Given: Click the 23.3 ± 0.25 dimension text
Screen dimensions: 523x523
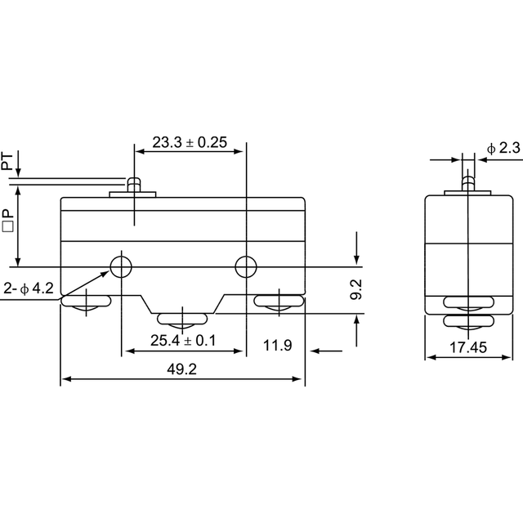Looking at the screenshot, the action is (x=190, y=142).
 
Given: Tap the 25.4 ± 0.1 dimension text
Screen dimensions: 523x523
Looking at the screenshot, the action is (x=183, y=341).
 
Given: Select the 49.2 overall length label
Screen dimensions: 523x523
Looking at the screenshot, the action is (x=181, y=369).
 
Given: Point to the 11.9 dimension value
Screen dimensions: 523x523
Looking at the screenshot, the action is (x=278, y=345).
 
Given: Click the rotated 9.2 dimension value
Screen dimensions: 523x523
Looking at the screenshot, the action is (x=356, y=289).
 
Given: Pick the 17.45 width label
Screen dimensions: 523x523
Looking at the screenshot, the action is (x=468, y=347).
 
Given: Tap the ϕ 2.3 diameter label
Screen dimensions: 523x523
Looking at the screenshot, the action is (x=503, y=148).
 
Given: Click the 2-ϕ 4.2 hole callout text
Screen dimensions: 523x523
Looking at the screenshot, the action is (x=29, y=288).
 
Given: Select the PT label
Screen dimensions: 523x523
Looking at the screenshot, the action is (x=7, y=162).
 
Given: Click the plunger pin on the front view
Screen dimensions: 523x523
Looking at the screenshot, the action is (x=134, y=185).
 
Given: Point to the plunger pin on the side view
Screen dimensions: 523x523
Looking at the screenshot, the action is (x=468, y=184).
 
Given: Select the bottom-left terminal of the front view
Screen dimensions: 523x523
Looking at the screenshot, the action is (x=86, y=302).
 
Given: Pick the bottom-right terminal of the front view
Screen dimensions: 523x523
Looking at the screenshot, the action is (x=279, y=302).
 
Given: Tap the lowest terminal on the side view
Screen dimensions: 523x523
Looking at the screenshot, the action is (x=468, y=323).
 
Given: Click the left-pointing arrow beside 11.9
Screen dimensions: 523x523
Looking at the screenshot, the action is (x=326, y=351).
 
